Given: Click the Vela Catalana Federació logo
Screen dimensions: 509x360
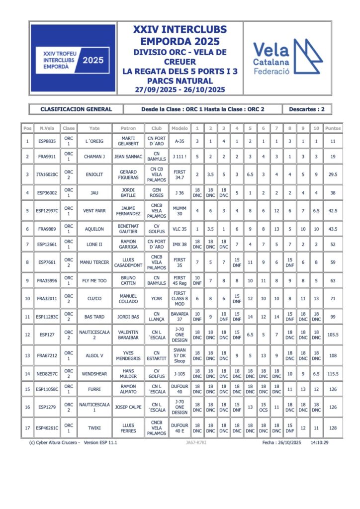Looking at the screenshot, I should [287, 58].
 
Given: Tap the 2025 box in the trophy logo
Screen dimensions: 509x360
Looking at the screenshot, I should [93, 60].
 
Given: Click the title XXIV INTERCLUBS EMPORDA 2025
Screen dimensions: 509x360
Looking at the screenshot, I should [180, 35].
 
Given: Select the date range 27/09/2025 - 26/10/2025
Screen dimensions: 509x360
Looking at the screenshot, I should [180, 89].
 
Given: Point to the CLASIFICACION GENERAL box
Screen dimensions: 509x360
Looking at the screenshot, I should [76, 109].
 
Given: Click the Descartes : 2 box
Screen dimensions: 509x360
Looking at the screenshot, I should [306, 109].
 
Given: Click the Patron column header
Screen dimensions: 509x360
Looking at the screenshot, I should [128, 128].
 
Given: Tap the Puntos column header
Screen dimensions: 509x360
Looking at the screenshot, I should [333, 128].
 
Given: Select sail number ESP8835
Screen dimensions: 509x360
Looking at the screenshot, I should [47, 141].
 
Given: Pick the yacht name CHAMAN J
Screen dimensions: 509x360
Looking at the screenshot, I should [94, 157].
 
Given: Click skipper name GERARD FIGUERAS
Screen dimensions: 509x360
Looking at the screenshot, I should [128, 174].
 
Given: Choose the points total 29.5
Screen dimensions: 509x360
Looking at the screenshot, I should [333, 174].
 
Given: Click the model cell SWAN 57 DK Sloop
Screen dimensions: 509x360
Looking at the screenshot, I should [180, 355].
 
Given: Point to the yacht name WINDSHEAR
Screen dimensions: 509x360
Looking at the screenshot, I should [94, 373].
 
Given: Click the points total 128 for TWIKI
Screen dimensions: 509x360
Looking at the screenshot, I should [333, 428].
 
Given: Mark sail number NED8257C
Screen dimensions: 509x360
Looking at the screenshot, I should [47, 373].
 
